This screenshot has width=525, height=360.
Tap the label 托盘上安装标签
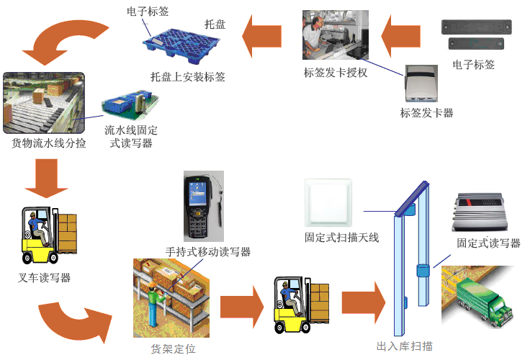click(188, 76)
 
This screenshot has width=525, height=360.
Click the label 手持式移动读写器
click(208, 251)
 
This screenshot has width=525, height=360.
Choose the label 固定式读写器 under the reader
click(488, 243)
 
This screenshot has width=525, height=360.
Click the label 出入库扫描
click(405, 346)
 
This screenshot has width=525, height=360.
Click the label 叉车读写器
click(45, 278)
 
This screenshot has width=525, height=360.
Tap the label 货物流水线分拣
click(49, 143)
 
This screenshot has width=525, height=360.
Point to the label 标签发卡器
click(427, 113)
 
